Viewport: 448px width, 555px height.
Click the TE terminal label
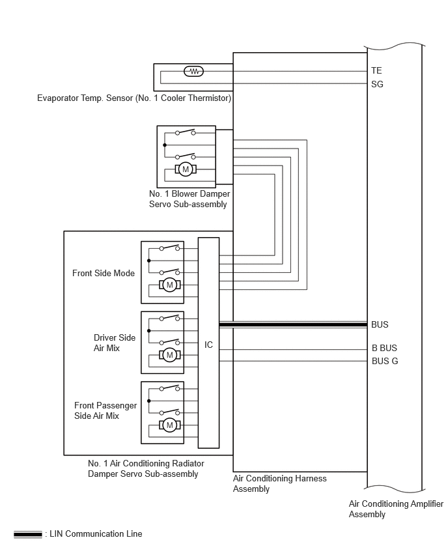click(x=376, y=71)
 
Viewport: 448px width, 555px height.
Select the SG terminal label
click(x=377, y=84)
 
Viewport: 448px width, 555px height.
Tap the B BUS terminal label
click(x=384, y=348)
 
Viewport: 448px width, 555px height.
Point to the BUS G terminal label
click(x=385, y=361)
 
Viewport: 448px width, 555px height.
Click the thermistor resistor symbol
click(x=194, y=72)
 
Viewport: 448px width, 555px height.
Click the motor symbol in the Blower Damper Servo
click(x=186, y=169)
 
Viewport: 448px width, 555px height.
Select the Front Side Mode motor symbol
click(x=170, y=285)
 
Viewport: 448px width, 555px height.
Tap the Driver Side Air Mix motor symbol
click(x=170, y=354)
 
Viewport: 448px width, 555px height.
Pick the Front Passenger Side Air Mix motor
click(x=170, y=425)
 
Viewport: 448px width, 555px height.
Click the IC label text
click(x=208, y=345)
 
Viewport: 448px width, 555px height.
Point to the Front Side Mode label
click(x=104, y=273)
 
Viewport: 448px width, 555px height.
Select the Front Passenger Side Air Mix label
click(x=105, y=410)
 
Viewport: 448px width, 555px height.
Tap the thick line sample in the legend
click(x=27, y=534)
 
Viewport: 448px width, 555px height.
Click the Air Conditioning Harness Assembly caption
click(x=279, y=483)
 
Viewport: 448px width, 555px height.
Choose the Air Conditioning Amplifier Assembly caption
click(x=396, y=509)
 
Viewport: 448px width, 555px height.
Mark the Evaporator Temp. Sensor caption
click(x=134, y=98)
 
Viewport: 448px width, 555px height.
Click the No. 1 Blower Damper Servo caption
click(x=189, y=199)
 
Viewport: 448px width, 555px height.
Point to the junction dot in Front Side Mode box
click(x=149, y=261)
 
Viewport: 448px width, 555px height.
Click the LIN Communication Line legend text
click(x=96, y=534)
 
